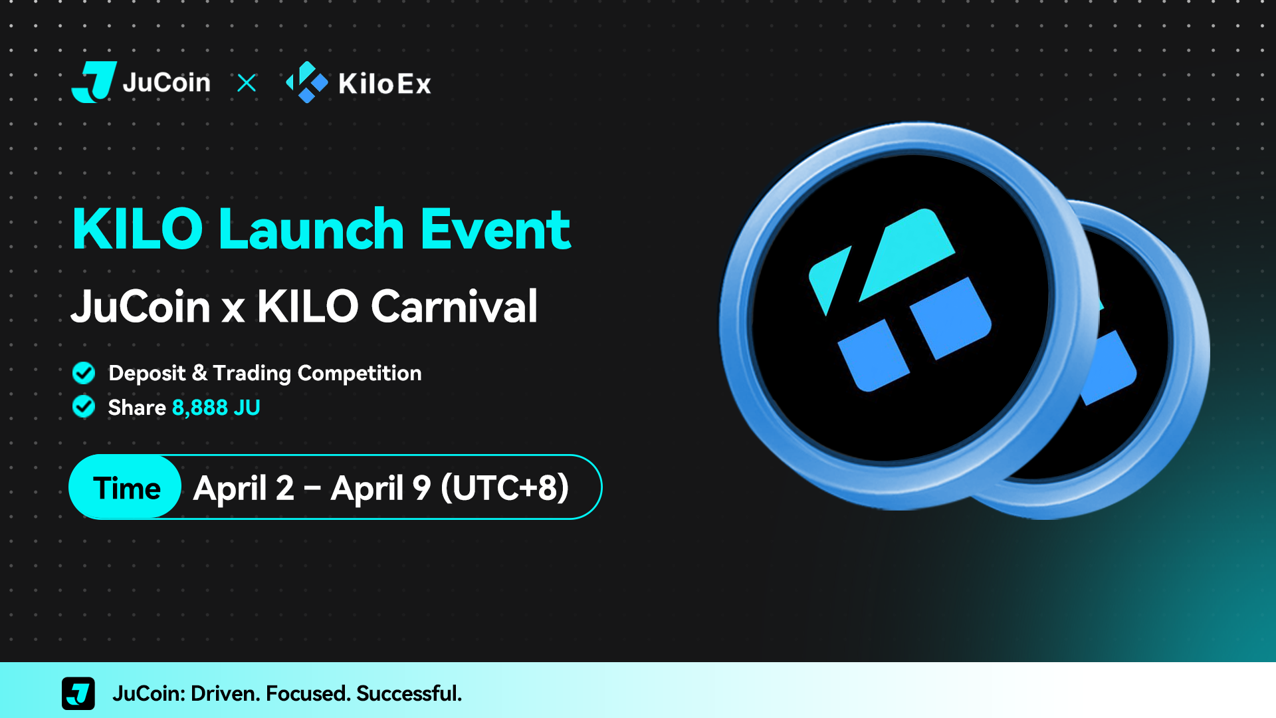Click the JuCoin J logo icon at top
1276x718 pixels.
[x=94, y=82]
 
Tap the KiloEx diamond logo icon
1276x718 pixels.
[x=307, y=82]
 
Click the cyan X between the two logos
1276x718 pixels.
[x=247, y=83]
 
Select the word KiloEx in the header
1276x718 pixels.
[x=385, y=84]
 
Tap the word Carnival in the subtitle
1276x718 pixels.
[x=454, y=306]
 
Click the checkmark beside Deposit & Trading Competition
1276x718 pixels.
[x=84, y=373]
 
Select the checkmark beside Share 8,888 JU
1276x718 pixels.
[x=84, y=406]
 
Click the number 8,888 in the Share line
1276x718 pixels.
[x=200, y=408]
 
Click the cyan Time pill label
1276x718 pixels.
[x=126, y=487]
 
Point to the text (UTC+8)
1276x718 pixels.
[x=505, y=487]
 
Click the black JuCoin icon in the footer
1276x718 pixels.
[x=78, y=693]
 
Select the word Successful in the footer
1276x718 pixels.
[x=409, y=693]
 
